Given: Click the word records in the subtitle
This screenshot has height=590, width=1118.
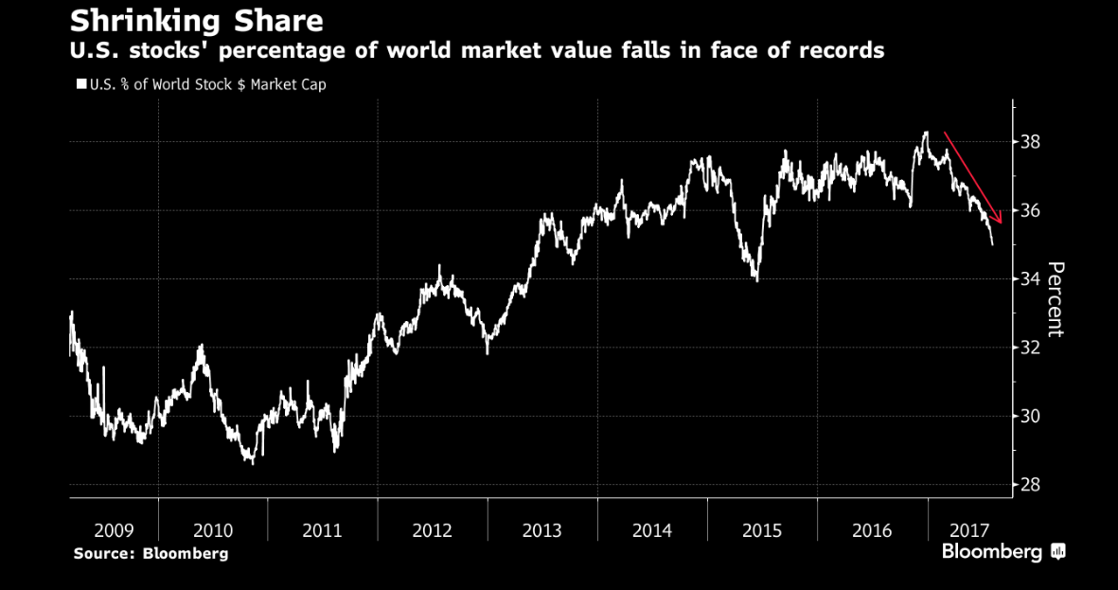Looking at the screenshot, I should click(839, 50).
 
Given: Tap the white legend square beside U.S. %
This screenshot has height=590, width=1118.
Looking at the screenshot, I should click(80, 85).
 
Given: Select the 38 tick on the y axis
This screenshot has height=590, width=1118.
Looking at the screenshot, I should click(1029, 142).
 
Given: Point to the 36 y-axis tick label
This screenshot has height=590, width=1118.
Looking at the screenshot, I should click(1029, 210).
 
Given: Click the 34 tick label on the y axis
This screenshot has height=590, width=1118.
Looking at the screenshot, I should click(1029, 278).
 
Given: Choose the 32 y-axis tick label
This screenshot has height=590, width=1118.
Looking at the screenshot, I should click(1029, 348).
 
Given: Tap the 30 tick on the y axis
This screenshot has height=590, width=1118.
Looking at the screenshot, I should click(1029, 416).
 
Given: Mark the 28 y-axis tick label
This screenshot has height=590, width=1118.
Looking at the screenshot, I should click(1029, 485).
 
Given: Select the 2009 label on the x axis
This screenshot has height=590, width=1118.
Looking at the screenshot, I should click(113, 530).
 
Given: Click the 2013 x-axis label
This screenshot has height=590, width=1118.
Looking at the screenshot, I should click(542, 530).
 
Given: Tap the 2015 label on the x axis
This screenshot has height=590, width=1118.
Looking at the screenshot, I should click(761, 530).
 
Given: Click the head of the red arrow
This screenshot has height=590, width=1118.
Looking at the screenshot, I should click(1000, 223).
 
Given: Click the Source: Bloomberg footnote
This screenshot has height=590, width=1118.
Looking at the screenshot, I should click(151, 553).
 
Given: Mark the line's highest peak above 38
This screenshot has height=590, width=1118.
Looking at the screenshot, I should click(925, 133).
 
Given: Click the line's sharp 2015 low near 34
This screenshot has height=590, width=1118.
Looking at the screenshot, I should click(756, 279).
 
